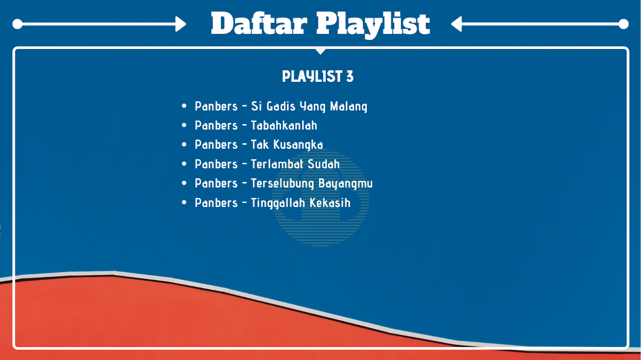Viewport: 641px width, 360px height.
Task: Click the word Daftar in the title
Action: pyautogui.click(x=259, y=23)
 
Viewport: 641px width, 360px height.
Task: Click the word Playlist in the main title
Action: pyautogui.click(x=373, y=25)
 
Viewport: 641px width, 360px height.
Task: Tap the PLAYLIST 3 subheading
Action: pyautogui.click(x=318, y=76)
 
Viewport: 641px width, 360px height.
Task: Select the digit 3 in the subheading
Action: pyautogui.click(x=350, y=76)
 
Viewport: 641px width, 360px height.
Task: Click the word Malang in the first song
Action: pyautogui.click(x=348, y=107)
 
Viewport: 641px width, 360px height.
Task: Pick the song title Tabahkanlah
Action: pyautogui.click(x=284, y=126)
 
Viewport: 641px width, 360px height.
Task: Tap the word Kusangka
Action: pyautogui.click(x=298, y=145)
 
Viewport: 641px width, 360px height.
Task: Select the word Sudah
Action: pyautogui.click(x=324, y=164)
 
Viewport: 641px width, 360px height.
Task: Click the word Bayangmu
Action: pyautogui.click(x=346, y=184)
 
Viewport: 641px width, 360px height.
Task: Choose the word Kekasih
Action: pyautogui.click(x=330, y=203)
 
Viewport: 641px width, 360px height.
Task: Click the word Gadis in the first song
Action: pyautogui.click(x=281, y=106)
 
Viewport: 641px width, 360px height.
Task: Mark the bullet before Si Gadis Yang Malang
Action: pyautogui.click(x=184, y=106)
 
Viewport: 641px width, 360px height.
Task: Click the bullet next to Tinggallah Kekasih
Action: pyautogui.click(x=184, y=202)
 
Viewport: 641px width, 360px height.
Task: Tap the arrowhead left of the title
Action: pyautogui.click(x=181, y=24)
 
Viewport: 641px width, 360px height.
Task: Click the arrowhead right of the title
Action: pyautogui.click(x=456, y=24)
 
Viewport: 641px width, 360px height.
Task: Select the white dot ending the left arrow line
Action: pyautogui.click(x=18, y=24)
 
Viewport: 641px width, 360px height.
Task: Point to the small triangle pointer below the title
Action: pyautogui.click(x=320, y=51)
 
